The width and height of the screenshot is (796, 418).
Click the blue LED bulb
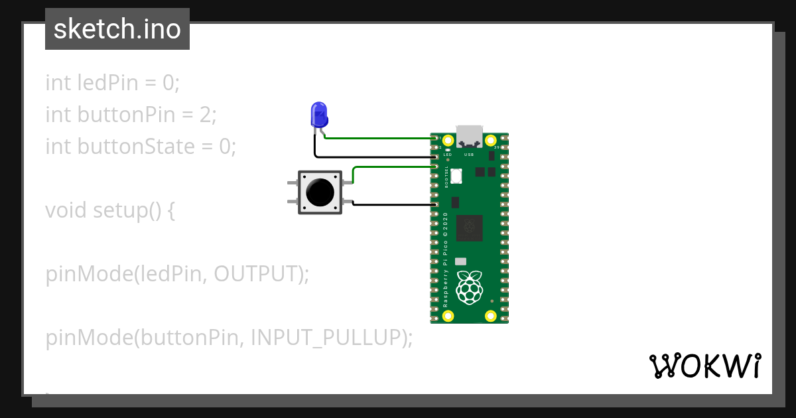pos(319,114)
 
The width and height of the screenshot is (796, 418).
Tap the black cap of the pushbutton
pos(320,192)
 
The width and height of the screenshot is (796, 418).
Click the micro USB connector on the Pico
pos(469,136)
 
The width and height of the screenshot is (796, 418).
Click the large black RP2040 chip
pos(470,228)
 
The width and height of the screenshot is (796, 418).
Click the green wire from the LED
pos(378,138)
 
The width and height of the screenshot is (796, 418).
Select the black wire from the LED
pos(371,157)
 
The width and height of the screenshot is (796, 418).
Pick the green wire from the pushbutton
pos(391,167)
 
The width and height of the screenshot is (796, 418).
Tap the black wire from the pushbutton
pos(391,204)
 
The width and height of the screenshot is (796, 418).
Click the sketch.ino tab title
pos(117,29)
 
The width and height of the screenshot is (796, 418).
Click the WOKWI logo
pos(704,366)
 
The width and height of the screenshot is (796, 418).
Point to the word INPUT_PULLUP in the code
pos(326,338)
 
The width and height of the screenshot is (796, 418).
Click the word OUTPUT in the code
pos(255,274)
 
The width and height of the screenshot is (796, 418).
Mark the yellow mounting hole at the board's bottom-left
pos(448,315)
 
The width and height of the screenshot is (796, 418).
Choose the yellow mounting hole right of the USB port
pos(491,140)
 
